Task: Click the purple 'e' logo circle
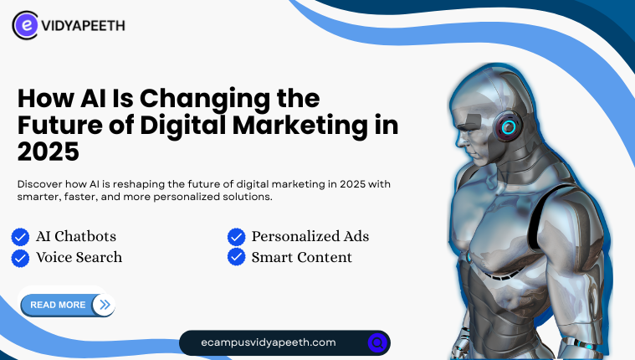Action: [26, 25]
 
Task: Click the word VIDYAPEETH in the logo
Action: [84, 26]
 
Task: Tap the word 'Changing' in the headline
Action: [205, 100]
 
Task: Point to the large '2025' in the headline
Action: [49, 152]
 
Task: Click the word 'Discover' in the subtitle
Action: [39, 184]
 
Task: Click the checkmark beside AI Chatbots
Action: [20, 237]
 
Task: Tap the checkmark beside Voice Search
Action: [20, 258]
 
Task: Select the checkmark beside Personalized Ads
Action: [237, 237]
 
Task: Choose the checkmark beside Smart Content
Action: [237, 257]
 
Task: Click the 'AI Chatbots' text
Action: [76, 236]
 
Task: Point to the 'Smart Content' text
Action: [302, 257]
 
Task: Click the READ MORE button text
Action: [58, 305]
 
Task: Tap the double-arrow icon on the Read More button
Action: [105, 305]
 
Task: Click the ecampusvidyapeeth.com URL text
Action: [269, 342]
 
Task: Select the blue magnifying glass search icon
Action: [377, 343]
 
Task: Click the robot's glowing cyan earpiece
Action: [509, 127]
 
